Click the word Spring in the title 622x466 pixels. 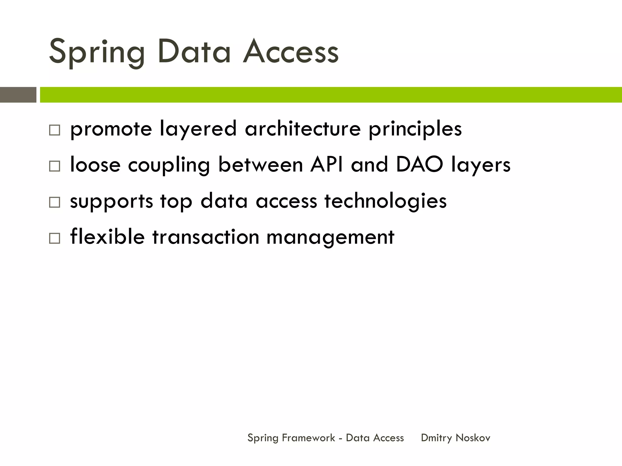tap(97, 52)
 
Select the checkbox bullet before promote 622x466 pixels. tap(55, 130)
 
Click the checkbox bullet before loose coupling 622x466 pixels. tap(55, 166)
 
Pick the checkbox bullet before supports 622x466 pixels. tap(55, 202)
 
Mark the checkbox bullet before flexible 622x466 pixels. tap(55, 238)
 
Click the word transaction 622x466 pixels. tap(206, 237)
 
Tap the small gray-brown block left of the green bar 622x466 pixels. tap(18, 95)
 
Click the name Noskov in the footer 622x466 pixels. tap(473, 438)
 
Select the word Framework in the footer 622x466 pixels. tap(308, 438)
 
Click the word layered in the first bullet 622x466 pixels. tap(198, 129)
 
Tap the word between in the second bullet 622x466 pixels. tap(261, 164)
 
